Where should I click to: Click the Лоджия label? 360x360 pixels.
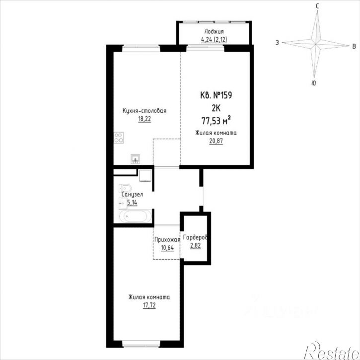[x=214, y=31]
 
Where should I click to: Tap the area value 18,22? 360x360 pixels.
[x=144, y=119]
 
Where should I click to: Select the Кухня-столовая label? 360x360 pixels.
[x=144, y=111]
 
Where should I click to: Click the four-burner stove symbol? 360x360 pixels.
[x=119, y=138]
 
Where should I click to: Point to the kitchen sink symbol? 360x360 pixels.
[x=136, y=159]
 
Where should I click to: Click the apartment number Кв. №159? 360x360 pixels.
[x=216, y=95]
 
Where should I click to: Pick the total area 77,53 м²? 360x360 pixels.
[x=216, y=120]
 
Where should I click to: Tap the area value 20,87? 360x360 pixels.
[x=216, y=141]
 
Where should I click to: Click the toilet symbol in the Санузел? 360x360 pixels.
[x=125, y=188]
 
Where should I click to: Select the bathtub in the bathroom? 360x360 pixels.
[x=135, y=216]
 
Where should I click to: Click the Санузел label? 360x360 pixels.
[x=132, y=195]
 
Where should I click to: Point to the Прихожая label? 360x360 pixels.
[x=167, y=240]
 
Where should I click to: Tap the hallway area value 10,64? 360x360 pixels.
[x=167, y=248]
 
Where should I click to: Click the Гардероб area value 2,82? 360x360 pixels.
[x=195, y=246]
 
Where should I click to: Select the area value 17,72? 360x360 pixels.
[x=149, y=305]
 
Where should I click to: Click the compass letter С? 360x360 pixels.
[x=317, y=6]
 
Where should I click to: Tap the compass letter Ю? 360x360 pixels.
[x=313, y=83]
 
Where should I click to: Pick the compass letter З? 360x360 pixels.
[x=278, y=43]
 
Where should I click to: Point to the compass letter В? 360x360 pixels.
[x=354, y=46]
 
